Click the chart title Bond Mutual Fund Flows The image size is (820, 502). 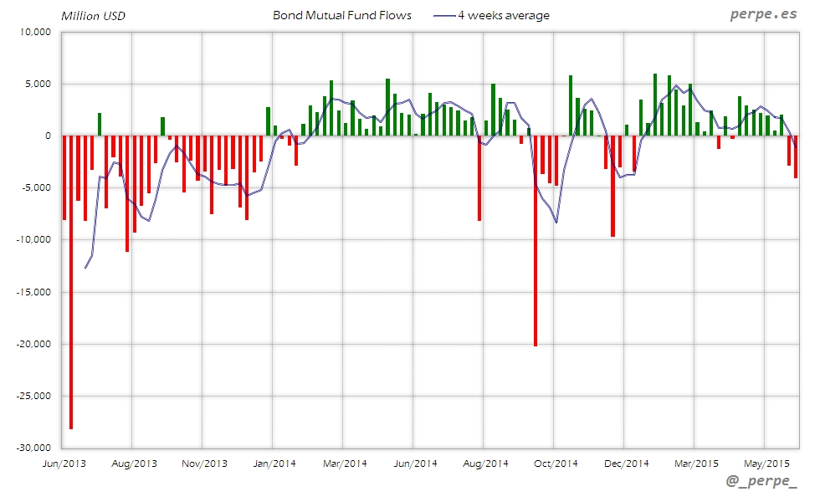(x=341, y=15)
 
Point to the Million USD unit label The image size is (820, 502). (x=93, y=16)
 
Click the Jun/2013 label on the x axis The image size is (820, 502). (x=64, y=463)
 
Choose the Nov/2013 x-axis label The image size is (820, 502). (x=204, y=463)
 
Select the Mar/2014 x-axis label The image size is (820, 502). (x=345, y=463)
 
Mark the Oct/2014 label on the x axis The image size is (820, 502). (x=556, y=463)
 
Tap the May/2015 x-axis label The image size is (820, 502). (x=766, y=463)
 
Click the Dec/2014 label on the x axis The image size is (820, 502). (x=626, y=463)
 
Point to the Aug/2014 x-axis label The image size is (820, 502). (x=485, y=463)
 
